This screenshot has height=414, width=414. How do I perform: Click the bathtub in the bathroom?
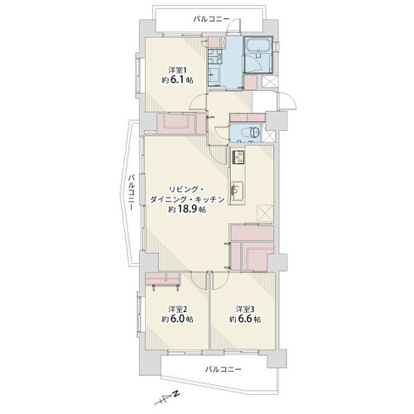(x=258, y=44)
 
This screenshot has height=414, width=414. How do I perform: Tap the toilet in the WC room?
(x=254, y=132)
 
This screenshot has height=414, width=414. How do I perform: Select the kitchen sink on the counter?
(x=237, y=190)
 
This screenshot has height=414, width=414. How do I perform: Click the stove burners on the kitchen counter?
(x=238, y=157)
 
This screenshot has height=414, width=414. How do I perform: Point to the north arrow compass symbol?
(x=166, y=398)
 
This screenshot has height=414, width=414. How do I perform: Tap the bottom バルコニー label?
(x=224, y=369)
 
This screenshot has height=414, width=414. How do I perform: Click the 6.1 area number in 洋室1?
(x=177, y=80)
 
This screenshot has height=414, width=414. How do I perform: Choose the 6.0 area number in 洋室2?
(x=177, y=320)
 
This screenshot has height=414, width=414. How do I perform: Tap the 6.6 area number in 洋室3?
(x=244, y=320)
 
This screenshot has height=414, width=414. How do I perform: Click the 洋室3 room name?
(x=245, y=309)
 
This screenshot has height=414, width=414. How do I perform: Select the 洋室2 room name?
(x=177, y=309)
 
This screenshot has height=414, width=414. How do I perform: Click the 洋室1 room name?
(x=177, y=69)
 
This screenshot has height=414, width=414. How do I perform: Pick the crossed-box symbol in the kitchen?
(x=265, y=213)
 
